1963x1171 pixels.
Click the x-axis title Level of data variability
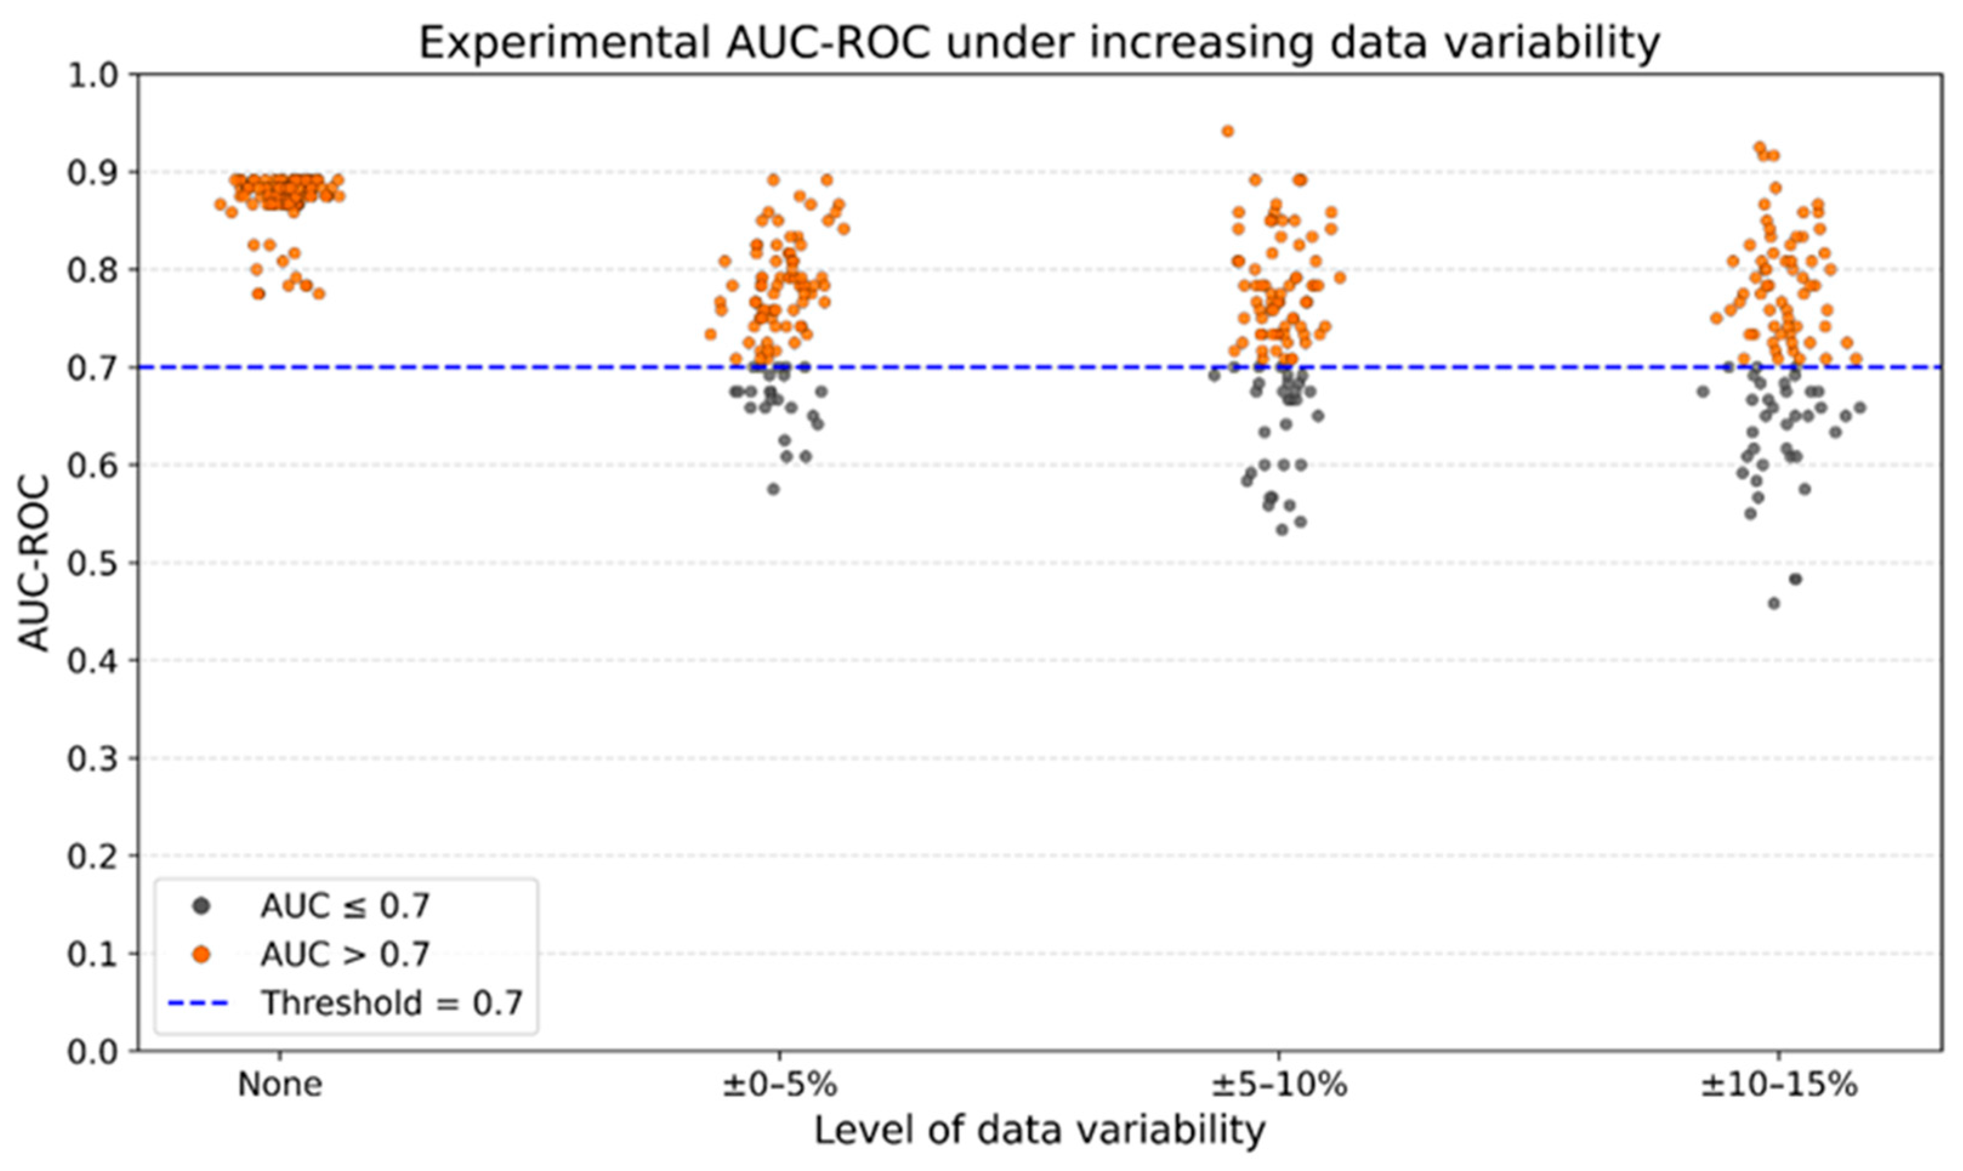click(1038, 1130)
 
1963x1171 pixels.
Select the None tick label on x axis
click(280, 1085)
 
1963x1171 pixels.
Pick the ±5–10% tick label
click(1279, 1085)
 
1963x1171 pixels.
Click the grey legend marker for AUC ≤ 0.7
click(202, 906)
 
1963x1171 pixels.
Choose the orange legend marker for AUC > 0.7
click(202, 955)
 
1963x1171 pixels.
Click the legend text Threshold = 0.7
click(392, 1004)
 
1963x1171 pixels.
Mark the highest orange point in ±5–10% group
click(1228, 131)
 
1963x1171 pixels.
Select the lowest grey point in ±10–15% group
click(1774, 604)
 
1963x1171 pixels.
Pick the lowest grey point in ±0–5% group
click(773, 489)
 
